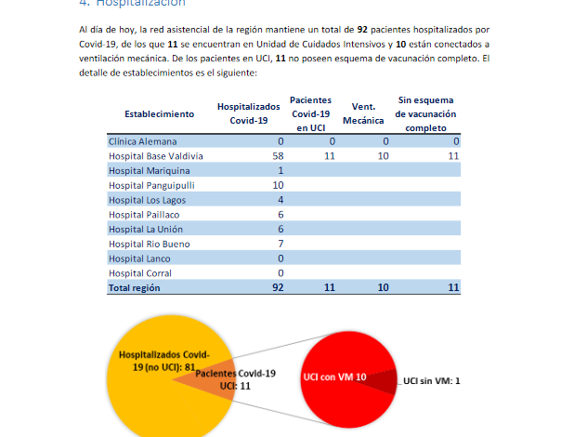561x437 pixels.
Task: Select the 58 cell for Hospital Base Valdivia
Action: point(277,156)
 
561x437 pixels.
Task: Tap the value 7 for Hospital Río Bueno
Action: point(280,243)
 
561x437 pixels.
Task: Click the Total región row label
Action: point(135,287)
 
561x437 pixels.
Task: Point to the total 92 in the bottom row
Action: point(277,287)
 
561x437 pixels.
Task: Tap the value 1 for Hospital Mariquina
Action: point(280,170)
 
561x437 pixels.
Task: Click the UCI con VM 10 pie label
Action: point(335,377)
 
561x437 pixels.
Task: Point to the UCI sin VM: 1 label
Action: point(431,379)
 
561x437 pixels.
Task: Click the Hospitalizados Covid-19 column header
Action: point(248,113)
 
